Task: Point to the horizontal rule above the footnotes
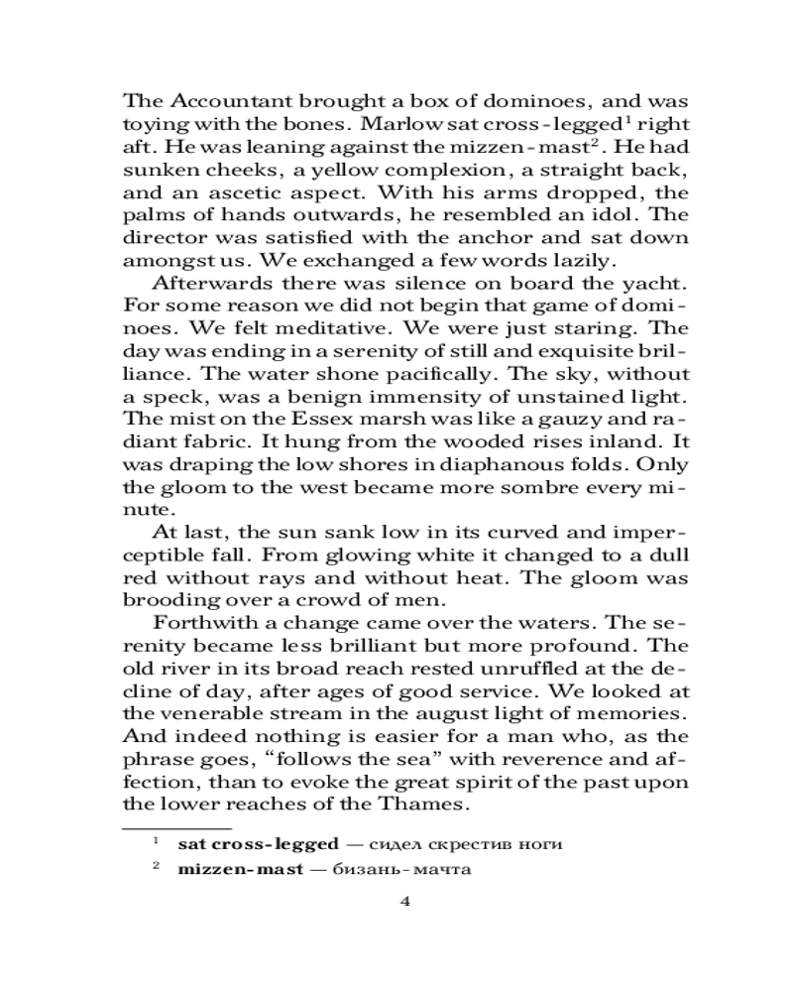coord(176,825)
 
